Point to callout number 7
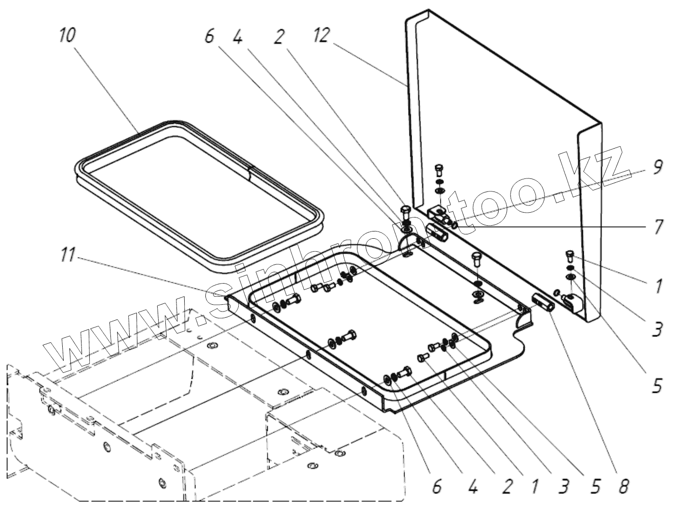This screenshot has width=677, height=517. pos(657,227)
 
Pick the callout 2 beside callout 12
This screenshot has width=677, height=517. pos(279,36)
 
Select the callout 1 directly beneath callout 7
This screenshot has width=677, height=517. pos(657,286)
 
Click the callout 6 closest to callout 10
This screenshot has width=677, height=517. pos(209,36)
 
